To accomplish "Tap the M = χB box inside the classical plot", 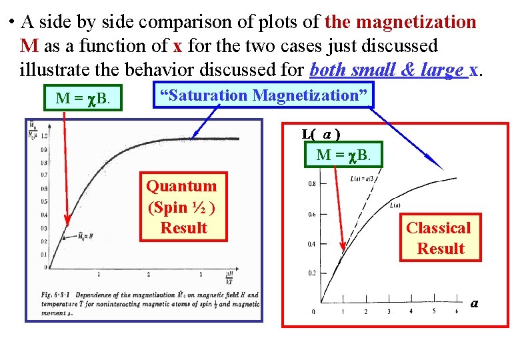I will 349,156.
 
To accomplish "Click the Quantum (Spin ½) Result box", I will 182,207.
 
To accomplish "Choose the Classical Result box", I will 439,238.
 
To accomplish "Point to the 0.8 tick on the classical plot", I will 311,184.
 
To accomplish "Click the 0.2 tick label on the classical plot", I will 311,273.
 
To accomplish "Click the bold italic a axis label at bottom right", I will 474,303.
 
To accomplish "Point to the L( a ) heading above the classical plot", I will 322,134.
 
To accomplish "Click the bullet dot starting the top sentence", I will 13,23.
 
